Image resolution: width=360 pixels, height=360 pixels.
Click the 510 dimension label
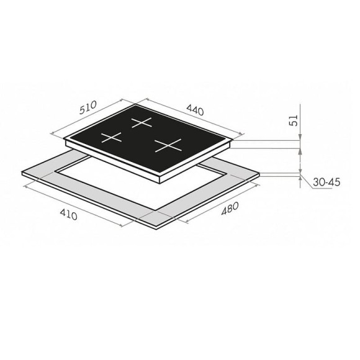click(x=88, y=107)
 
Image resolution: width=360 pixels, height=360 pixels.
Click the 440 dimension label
click(x=195, y=110)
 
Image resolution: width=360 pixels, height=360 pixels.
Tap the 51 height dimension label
click(x=294, y=120)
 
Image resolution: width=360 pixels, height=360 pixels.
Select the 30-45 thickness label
click(x=326, y=182)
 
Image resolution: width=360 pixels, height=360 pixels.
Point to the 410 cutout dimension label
click(x=68, y=215)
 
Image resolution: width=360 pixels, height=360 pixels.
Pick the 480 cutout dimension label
click(x=230, y=209)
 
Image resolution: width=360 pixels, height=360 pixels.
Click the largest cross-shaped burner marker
click(x=168, y=145)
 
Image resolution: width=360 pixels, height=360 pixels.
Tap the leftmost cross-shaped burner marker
click(x=111, y=138)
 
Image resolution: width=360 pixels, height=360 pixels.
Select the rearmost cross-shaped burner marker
click(x=142, y=122)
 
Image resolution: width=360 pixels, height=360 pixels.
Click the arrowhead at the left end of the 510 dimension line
click(x=52, y=133)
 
